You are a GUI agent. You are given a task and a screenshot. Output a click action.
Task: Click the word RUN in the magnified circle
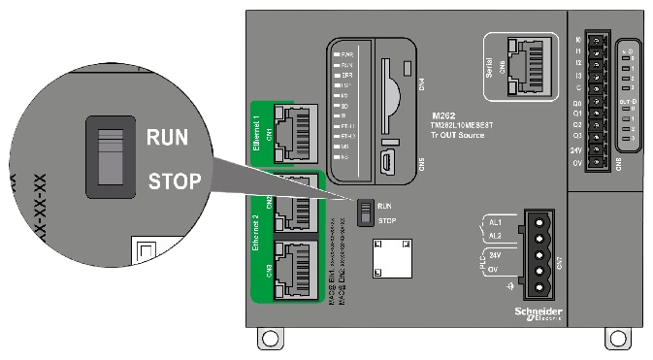167,137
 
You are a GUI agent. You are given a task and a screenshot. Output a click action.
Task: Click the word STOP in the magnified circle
175,180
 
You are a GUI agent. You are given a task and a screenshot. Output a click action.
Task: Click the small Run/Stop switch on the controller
364,213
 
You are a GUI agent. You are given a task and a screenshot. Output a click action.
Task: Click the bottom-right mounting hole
613,339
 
